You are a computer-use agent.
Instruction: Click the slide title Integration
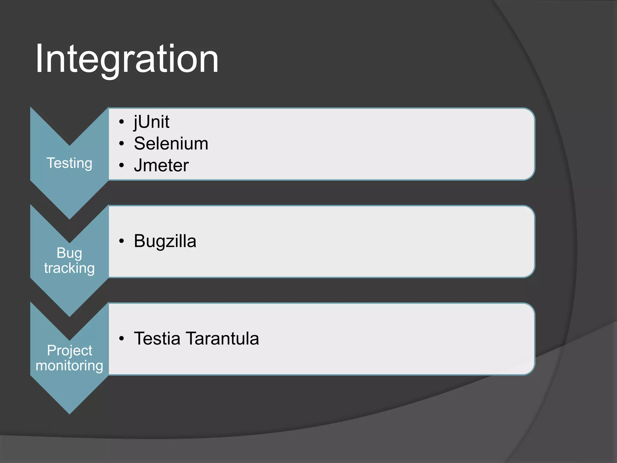point(127,59)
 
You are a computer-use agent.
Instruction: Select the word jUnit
point(152,122)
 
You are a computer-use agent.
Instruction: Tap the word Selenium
point(171,143)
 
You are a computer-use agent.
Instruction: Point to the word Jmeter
point(161,165)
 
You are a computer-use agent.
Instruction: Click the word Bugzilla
point(165,241)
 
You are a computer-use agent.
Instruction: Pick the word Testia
point(157,339)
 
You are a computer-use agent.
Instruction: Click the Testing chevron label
point(69,163)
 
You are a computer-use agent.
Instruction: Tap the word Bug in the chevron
point(69,253)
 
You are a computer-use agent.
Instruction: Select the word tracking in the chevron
point(69,268)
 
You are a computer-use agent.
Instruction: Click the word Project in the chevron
point(69,351)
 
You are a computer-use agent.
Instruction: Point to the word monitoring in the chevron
point(69,366)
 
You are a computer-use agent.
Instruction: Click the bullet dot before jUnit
point(121,122)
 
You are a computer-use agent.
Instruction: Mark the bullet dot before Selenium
point(121,144)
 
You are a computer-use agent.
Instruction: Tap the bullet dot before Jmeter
point(121,165)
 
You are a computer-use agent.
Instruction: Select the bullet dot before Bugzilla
point(121,241)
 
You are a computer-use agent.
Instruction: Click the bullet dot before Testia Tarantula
point(121,339)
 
